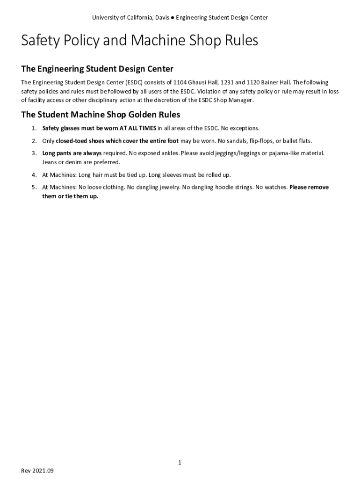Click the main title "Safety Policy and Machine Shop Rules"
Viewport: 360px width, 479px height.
[x=139, y=41]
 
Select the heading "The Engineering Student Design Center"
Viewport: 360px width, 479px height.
[x=97, y=69]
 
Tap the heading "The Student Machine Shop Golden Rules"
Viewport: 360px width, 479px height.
[x=101, y=115]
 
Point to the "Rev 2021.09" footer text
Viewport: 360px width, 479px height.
[x=38, y=471]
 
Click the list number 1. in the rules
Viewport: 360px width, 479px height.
[x=34, y=128]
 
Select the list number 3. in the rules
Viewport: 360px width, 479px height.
[x=34, y=153]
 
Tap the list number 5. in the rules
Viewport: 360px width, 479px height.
[x=34, y=187]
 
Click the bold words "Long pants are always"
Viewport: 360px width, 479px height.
[x=72, y=153]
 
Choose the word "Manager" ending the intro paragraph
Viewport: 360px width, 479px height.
[x=241, y=101]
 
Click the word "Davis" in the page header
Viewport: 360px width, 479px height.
[x=162, y=18]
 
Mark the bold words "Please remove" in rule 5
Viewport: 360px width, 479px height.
[x=309, y=187]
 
